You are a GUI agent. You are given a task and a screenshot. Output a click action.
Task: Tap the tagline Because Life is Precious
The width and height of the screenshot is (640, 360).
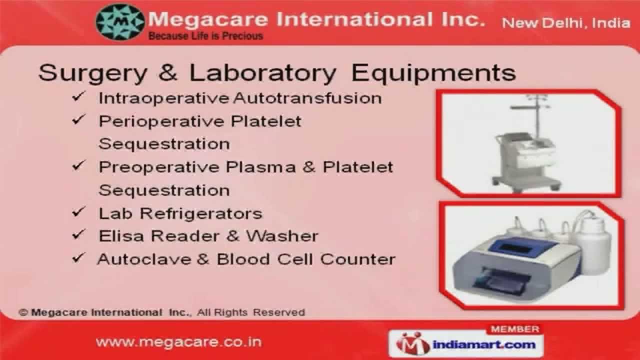tap(205, 36)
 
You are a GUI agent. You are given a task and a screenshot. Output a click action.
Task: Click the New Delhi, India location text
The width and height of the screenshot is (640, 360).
tap(565, 23)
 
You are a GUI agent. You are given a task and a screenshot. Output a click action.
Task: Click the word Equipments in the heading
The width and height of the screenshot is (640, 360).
tap(433, 73)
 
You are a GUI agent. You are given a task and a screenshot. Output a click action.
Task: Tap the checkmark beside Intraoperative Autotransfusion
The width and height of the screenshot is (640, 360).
tap(79, 97)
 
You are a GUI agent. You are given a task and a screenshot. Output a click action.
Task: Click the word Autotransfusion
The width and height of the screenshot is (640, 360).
tap(307, 98)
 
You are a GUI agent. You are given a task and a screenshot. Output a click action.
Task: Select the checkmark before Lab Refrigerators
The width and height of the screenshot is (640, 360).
tap(79, 212)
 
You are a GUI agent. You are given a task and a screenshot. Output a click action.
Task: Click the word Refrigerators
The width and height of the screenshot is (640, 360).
tap(201, 213)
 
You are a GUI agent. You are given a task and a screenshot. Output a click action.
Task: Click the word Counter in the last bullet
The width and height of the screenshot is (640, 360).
tap(358, 259)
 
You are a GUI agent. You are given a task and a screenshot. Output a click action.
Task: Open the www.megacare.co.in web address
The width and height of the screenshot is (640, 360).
tap(178, 342)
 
